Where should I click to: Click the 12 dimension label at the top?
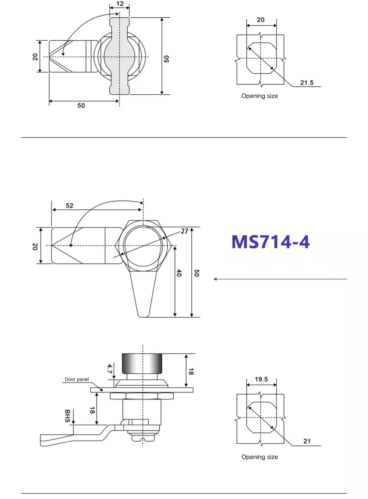pos(120,4)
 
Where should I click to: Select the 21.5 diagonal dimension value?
pos(307,83)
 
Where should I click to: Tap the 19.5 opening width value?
pos(261,379)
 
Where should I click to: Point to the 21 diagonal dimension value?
pos(307,441)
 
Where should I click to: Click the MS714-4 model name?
pos(270,242)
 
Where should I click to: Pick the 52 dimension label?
pos(70,206)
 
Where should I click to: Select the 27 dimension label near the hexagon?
pos(184,231)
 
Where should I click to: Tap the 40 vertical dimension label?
pos(179,273)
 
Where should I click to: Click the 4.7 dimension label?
pos(109,369)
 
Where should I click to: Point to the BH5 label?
pos(67,416)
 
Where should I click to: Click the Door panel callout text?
pos(77,379)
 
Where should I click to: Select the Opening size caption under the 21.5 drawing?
pos(259,96)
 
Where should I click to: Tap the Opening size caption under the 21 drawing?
pos(259,457)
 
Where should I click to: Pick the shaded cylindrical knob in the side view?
pos(142,363)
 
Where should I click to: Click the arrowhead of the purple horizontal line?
pos(215,279)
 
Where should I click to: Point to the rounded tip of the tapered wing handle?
pos(143,314)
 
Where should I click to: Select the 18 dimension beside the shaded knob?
pos(191,371)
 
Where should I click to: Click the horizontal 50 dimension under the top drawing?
pos(81,106)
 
